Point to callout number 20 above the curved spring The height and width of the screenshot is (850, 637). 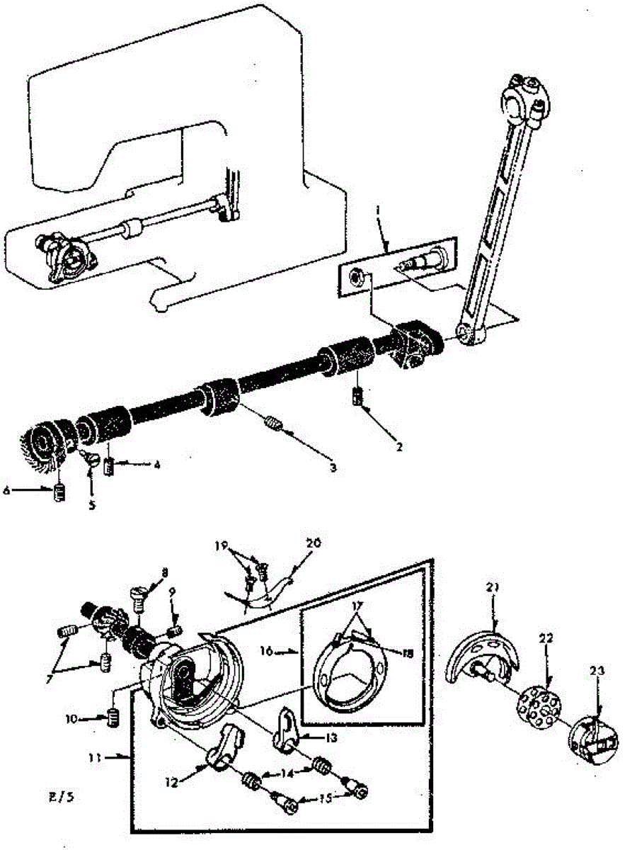(x=314, y=543)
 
